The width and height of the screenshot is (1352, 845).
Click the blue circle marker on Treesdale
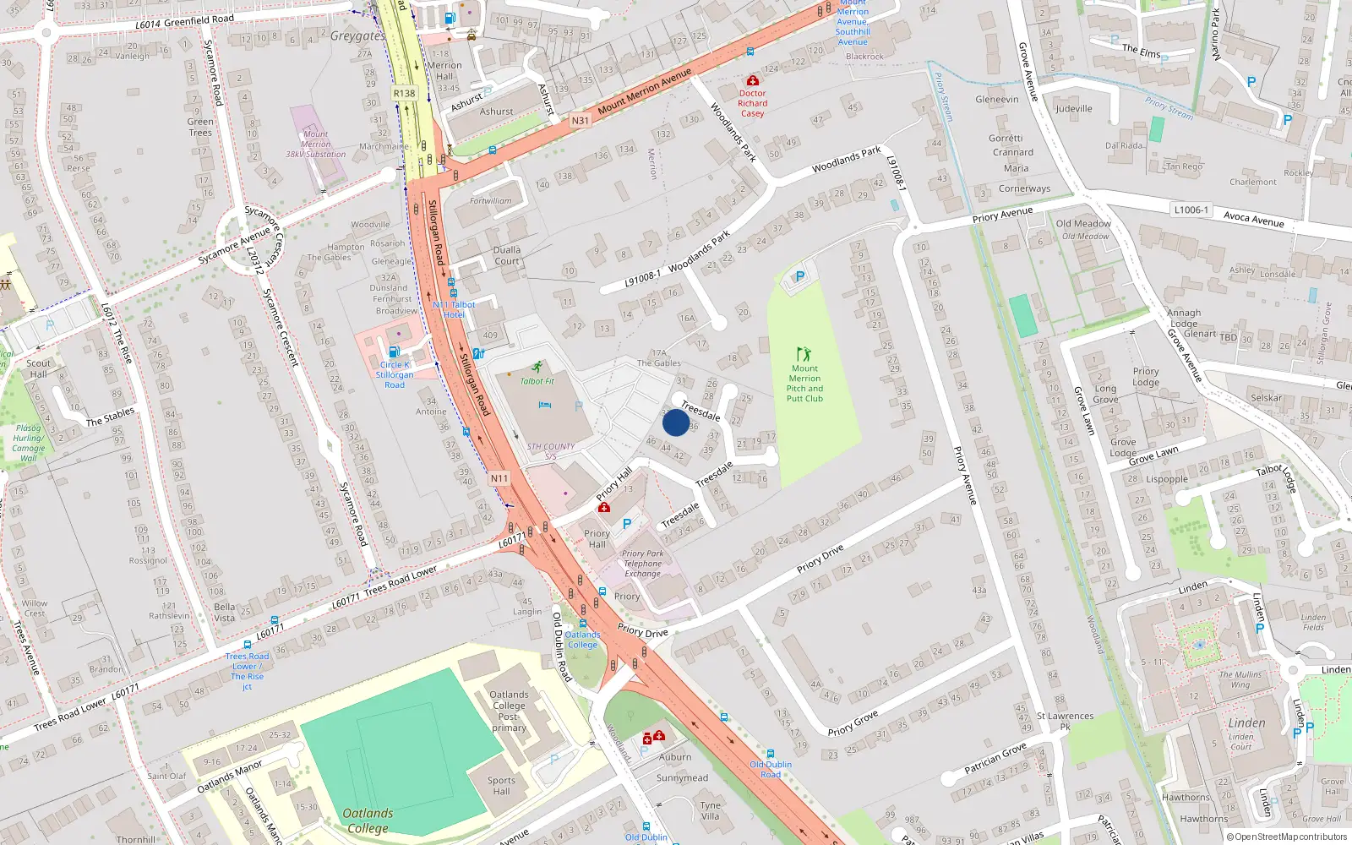(x=676, y=422)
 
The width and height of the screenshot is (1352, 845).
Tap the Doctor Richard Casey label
(x=752, y=103)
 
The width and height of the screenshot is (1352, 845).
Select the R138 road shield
(x=404, y=94)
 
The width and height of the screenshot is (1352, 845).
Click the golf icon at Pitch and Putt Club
(x=804, y=354)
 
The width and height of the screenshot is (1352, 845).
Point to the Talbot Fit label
(x=537, y=381)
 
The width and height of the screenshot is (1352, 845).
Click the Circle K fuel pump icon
(x=394, y=352)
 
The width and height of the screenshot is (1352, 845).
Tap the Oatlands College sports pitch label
(x=368, y=820)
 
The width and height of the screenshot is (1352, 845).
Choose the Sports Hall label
(x=501, y=786)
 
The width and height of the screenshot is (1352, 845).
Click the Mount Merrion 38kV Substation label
(x=315, y=144)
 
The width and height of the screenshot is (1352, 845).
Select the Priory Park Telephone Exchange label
(x=643, y=564)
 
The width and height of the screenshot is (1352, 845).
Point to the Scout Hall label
(x=38, y=368)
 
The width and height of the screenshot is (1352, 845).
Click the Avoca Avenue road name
(x=1254, y=219)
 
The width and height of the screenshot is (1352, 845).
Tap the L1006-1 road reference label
(x=1191, y=210)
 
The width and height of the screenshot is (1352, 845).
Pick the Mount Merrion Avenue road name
(x=645, y=92)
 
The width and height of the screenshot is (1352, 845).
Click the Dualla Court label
(x=507, y=255)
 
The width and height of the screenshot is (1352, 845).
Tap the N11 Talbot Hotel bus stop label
(x=454, y=309)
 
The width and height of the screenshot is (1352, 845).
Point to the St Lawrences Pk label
(x=1065, y=721)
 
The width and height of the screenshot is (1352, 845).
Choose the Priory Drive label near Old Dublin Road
(x=642, y=631)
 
